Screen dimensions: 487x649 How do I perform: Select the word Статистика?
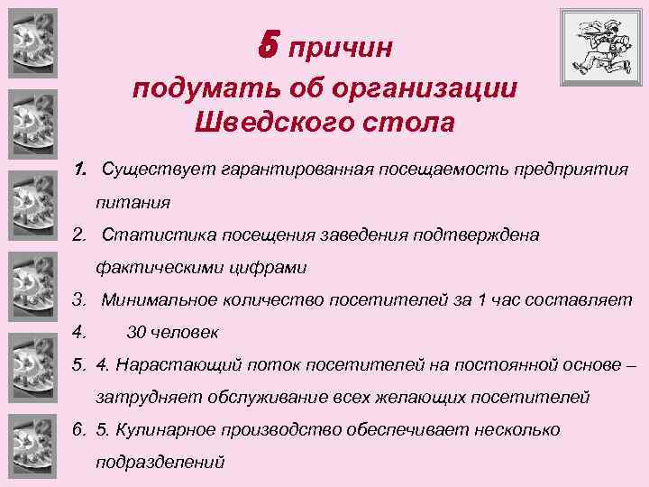tap(149, 234)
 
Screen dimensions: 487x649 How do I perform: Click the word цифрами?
tap(269, 267)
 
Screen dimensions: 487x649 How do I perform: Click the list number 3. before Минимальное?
tap(79, 299)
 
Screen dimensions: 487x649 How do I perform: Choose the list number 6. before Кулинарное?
tap(79, 429)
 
